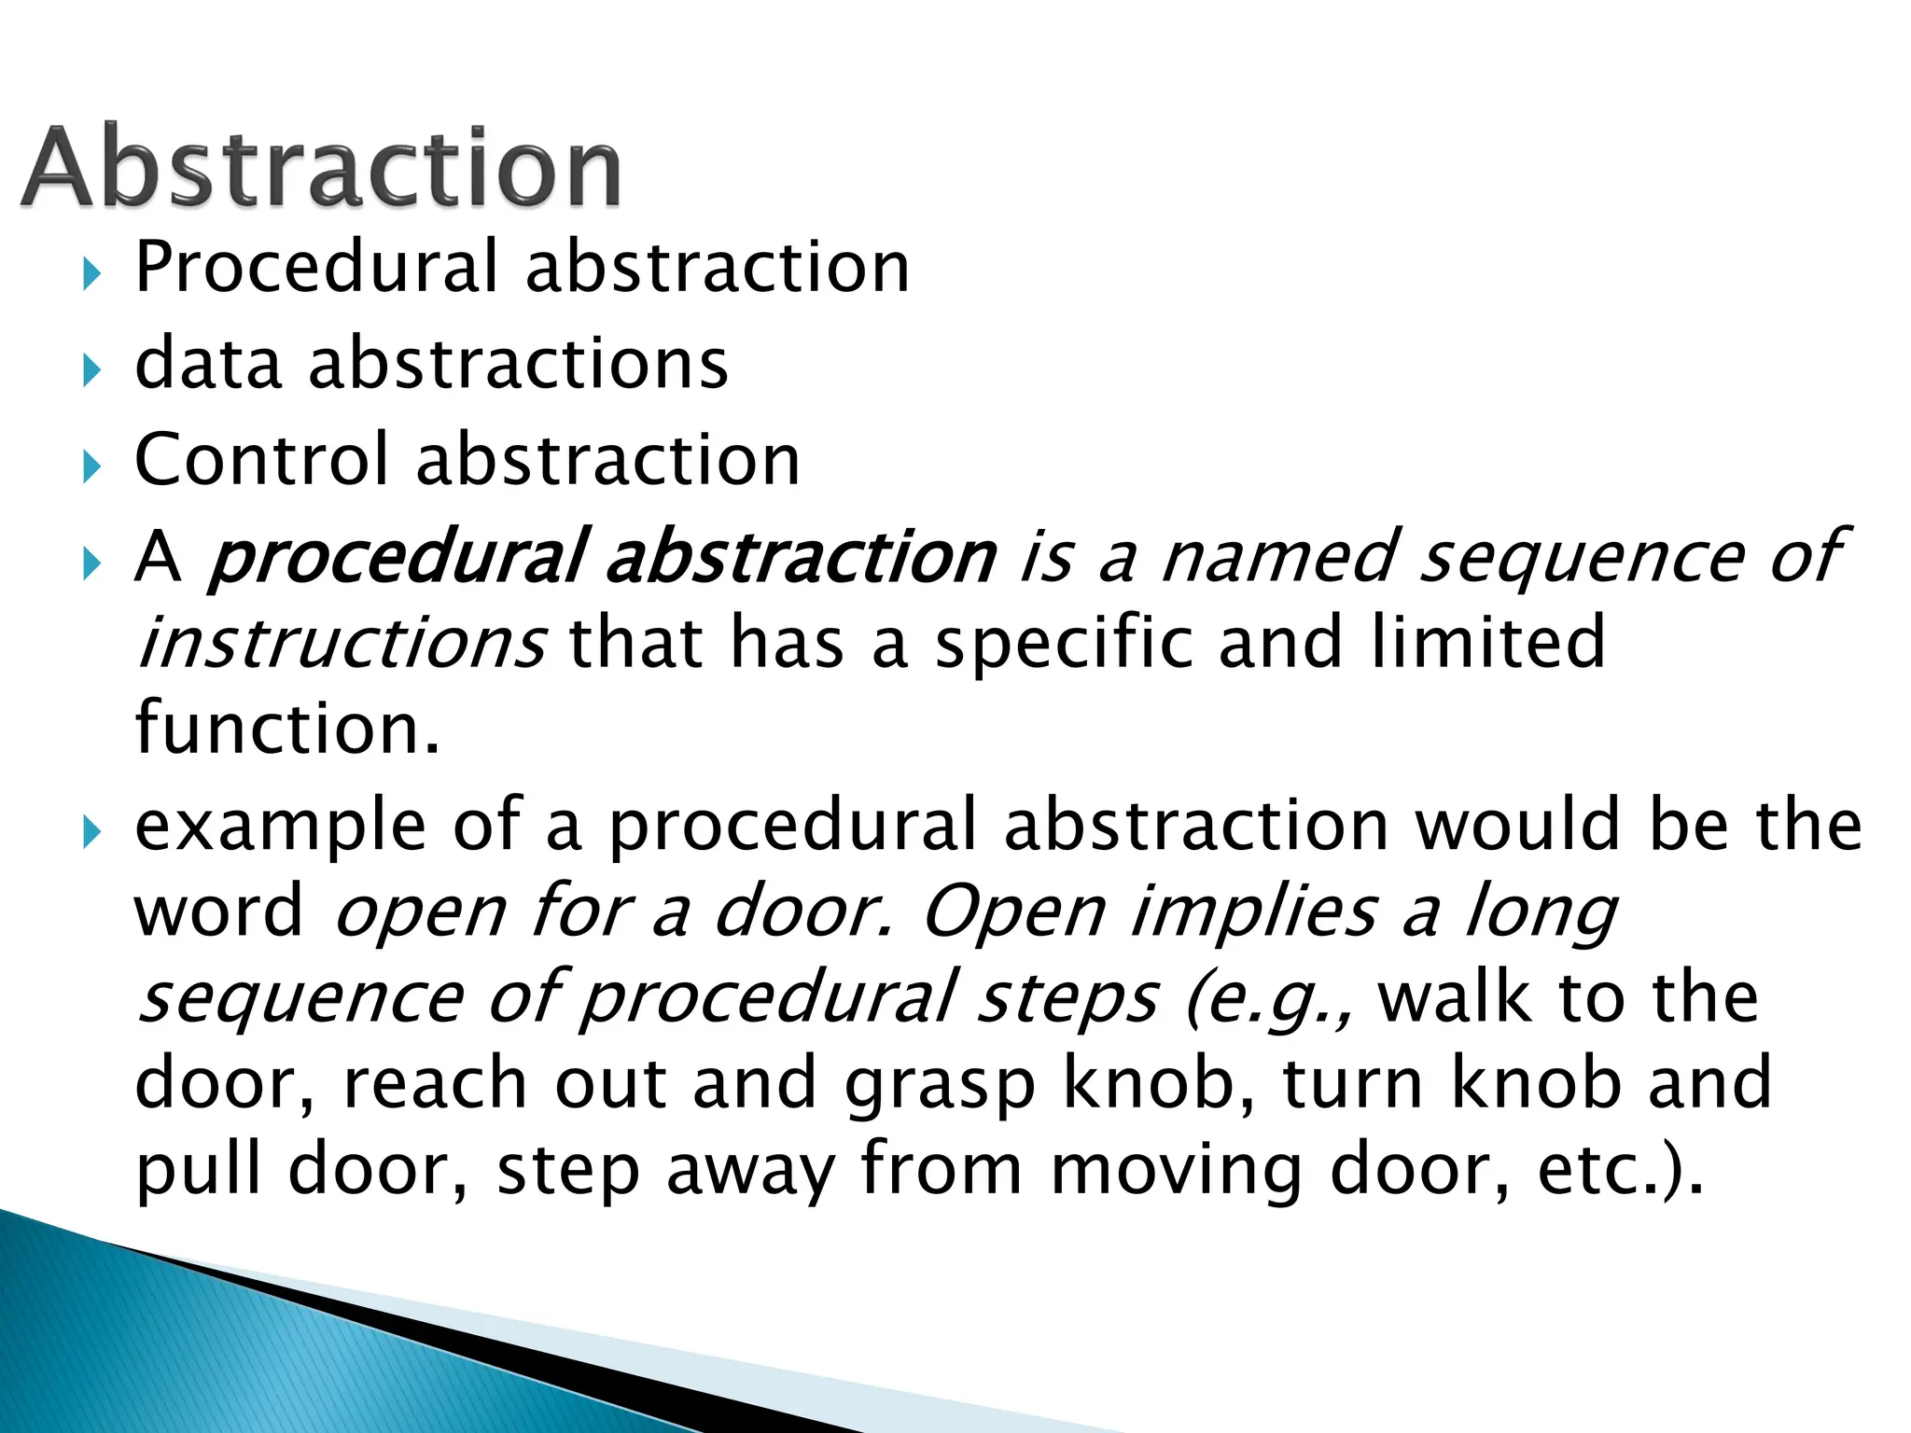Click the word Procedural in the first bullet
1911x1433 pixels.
tap(317, 268)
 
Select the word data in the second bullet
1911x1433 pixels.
tap(207, 363)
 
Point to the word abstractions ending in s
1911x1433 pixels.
tap(518, 363)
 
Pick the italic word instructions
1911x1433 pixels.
tap(341, 643)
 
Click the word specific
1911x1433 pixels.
tap(1065, 643)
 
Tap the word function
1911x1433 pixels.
tap(286, 728)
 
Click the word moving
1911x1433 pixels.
tap(1176, 1172)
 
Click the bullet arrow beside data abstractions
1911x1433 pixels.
tap(90, 370)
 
